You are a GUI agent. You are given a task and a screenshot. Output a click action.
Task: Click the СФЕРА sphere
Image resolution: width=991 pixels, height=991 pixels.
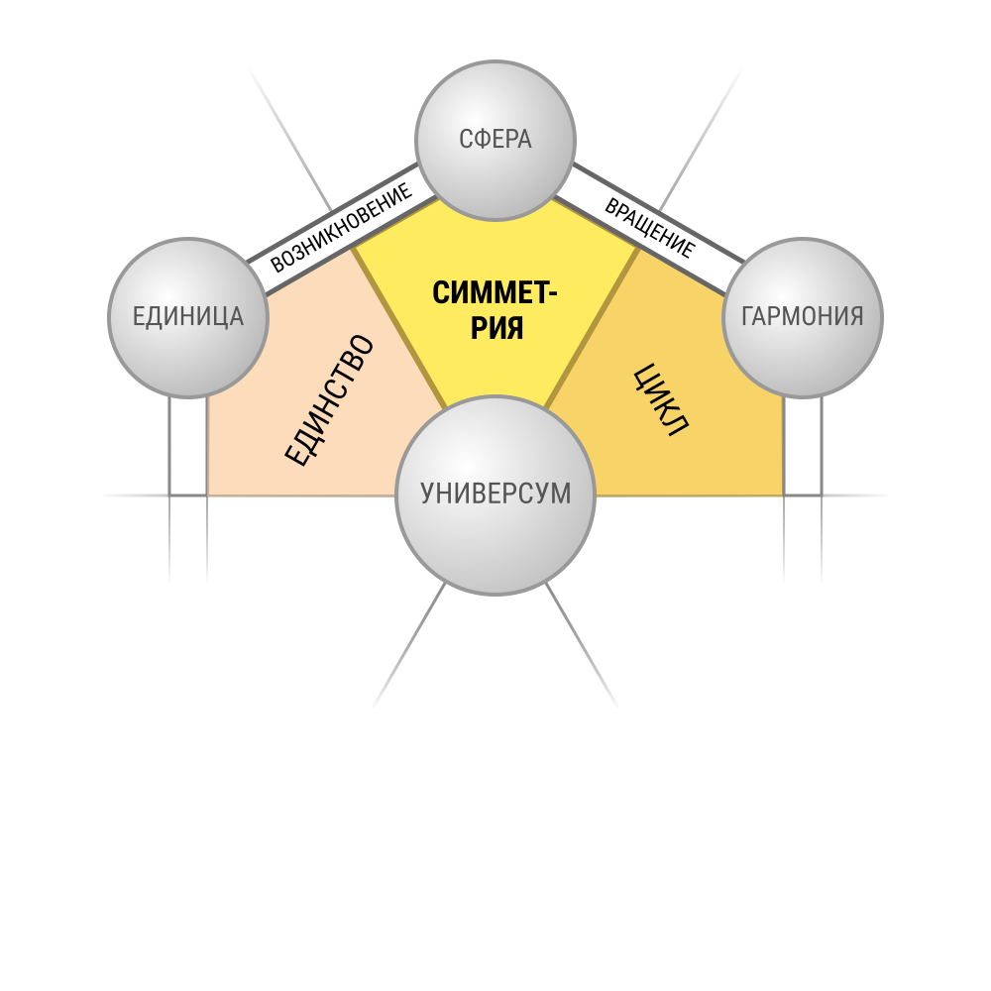495,141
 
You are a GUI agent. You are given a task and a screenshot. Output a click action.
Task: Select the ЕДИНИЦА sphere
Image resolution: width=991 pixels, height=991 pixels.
188,318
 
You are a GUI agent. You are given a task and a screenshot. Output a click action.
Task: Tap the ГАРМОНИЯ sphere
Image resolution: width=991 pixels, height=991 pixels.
802,318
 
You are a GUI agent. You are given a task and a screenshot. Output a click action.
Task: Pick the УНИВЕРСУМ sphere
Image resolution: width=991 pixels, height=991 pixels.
495,495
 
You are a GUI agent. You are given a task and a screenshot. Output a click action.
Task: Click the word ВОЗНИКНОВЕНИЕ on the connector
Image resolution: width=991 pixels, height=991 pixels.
341,228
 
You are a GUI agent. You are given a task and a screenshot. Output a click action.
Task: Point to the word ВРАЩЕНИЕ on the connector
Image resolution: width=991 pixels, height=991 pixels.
650,228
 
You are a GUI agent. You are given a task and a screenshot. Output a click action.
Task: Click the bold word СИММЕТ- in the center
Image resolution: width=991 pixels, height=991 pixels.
495,293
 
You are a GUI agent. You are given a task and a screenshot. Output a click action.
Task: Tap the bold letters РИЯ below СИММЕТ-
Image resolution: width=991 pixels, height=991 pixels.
496,328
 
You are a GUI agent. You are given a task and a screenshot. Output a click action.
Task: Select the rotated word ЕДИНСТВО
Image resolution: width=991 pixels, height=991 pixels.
329,400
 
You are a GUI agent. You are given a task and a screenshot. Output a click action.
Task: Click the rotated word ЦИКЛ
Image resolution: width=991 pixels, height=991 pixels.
660,399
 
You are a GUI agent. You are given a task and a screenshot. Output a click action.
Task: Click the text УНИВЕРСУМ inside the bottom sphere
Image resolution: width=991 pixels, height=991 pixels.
495,494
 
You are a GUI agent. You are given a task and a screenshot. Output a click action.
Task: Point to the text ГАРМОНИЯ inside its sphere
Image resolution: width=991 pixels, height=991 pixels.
802,316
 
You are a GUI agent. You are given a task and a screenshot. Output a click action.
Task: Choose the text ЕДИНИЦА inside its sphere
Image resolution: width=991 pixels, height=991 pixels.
187,316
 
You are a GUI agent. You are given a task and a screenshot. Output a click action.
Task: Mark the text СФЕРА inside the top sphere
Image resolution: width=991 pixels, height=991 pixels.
495,139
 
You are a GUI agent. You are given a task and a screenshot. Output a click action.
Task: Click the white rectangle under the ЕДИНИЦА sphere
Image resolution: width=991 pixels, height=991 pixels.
188,446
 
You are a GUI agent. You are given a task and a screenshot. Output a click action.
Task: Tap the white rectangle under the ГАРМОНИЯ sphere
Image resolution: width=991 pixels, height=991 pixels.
803,446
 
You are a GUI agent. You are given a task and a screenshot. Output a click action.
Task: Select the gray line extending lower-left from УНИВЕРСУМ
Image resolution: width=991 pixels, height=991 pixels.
409,645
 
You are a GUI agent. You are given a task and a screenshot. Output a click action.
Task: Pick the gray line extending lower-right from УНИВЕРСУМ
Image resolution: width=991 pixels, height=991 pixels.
582,645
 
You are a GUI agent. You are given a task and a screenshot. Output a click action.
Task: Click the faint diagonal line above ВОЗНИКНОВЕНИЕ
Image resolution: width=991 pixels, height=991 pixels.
290,140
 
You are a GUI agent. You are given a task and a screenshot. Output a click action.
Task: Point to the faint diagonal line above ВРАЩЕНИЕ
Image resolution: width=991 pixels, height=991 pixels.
701,140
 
